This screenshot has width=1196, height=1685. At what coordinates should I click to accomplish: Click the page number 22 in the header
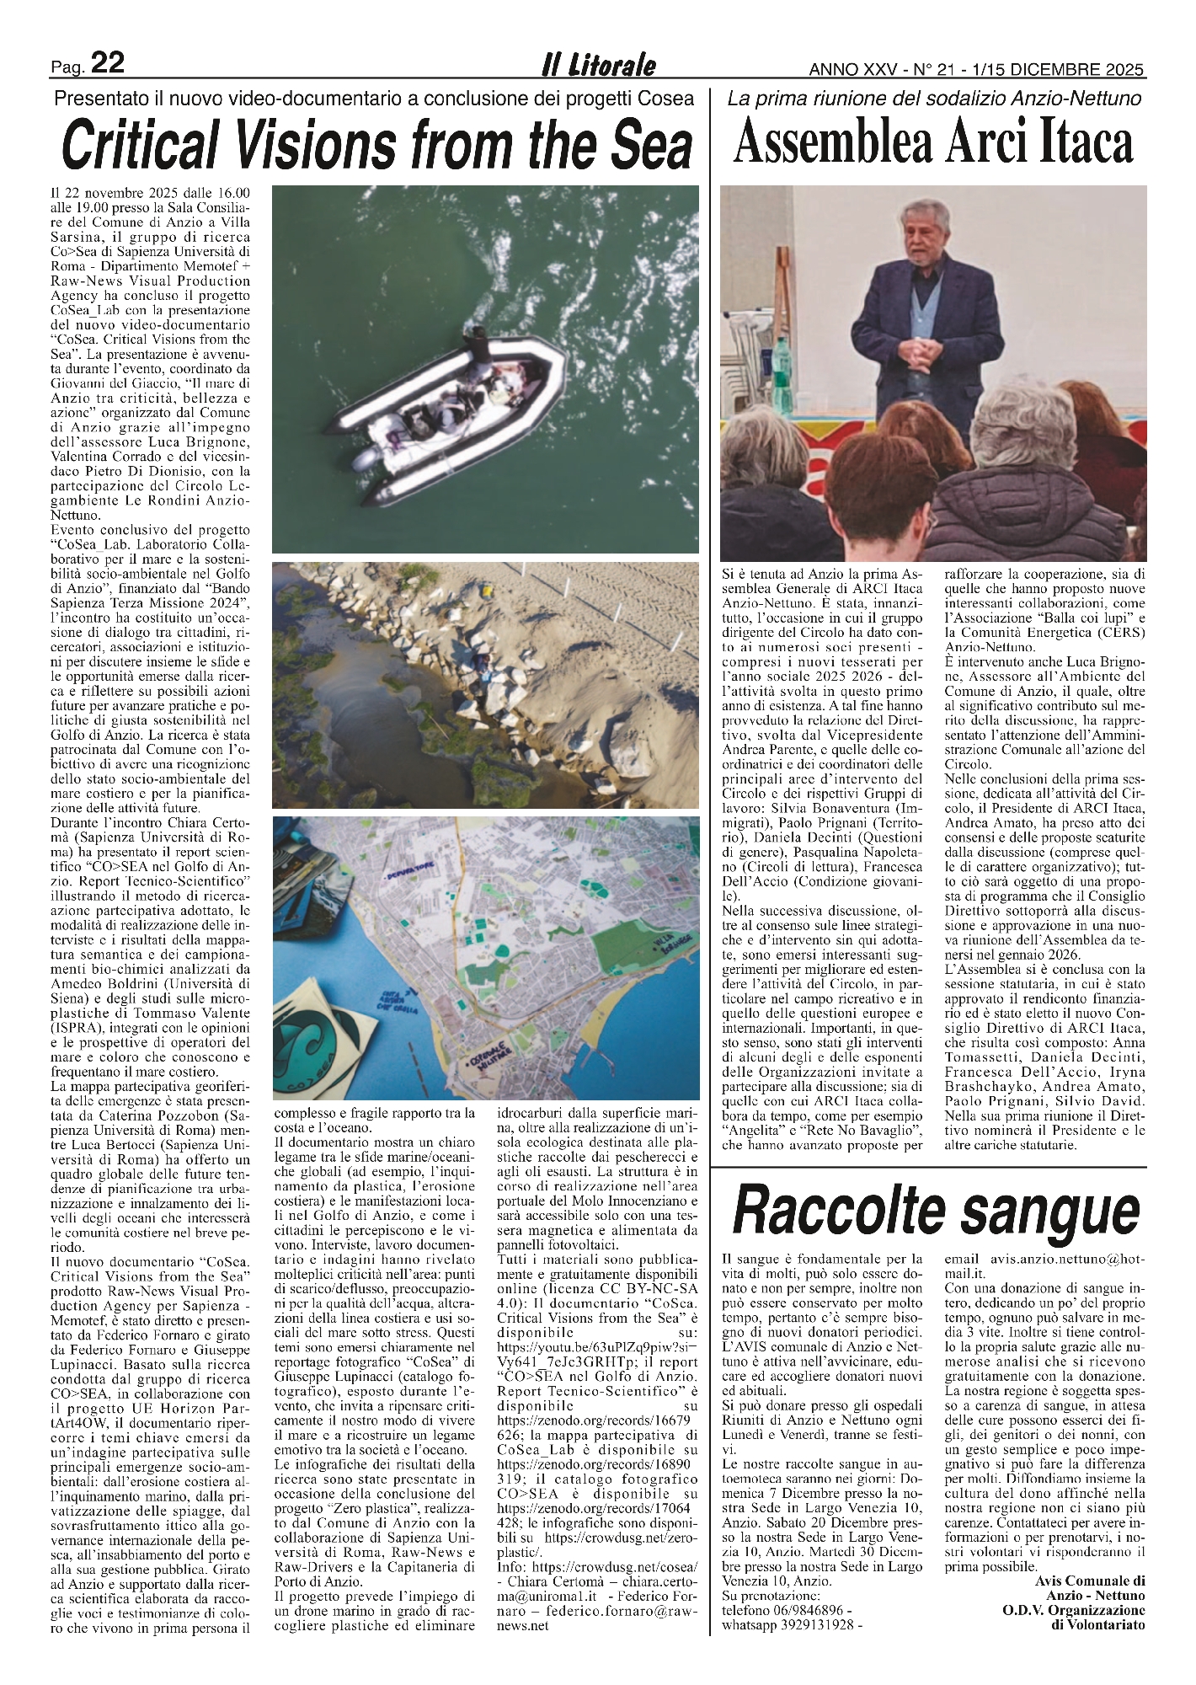(x=107, y=63)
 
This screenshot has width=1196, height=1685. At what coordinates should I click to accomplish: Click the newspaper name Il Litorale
(x=598, y=66)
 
